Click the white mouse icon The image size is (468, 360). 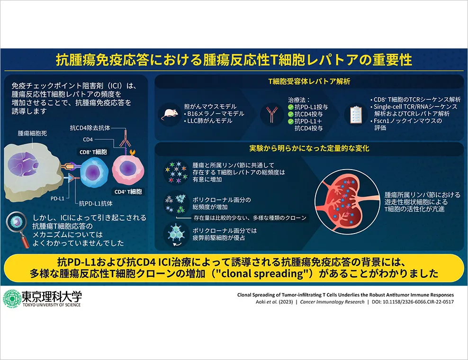click(170, 114)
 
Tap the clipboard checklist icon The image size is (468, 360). click(356, 115)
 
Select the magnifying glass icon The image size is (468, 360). click(18, 229)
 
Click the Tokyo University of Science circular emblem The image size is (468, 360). click(11, 299)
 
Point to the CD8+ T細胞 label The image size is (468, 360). click(93, 152)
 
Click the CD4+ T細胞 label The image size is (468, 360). click(128, 192)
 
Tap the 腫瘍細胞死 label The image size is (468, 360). click(32, 133)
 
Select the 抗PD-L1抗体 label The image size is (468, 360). click(96, 204)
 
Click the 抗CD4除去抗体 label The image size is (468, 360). click(90, 128)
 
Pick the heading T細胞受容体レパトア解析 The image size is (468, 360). click(309, 81)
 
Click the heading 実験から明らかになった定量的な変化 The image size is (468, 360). click(309, 148)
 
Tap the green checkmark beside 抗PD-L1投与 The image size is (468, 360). click(290, 107)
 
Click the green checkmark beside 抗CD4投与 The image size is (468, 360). click(290, 114)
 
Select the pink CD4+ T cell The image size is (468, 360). click(128, 169)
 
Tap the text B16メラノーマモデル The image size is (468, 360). click(216, 114)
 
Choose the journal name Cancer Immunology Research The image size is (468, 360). click(332, 302)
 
